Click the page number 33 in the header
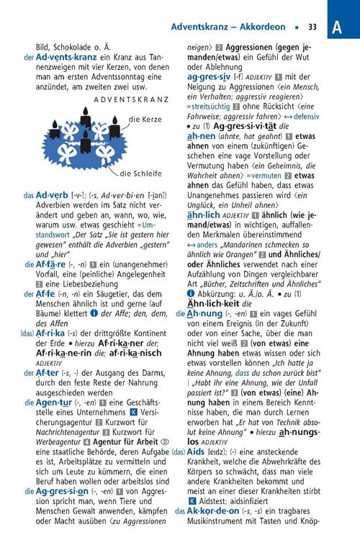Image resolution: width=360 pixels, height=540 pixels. click(312, 27)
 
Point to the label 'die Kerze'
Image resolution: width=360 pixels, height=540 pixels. click(145, 120)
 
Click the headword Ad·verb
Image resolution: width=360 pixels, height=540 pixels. click(51, 194)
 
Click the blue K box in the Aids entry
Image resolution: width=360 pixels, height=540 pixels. click(192, 500)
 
